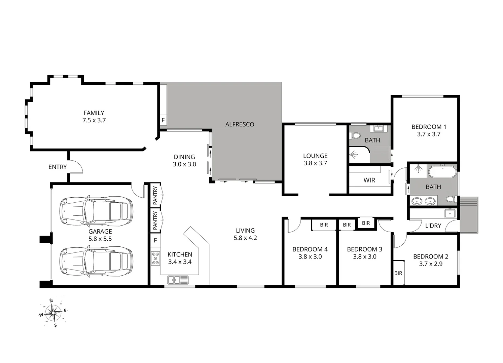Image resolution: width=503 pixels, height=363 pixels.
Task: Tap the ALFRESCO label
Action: [240, 124]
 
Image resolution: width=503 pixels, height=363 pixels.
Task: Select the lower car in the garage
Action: [96, 261]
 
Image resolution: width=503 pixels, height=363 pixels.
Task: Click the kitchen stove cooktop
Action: [155, 258]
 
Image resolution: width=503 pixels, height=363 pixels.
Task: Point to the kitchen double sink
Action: [178, 279]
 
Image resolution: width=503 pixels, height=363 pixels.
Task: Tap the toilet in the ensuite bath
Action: [355, 136]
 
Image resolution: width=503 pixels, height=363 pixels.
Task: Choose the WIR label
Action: [369, 180]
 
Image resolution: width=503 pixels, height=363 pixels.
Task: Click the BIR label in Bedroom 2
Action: [398, 273]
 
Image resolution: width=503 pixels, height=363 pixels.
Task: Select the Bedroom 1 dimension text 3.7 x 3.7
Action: [429, 134]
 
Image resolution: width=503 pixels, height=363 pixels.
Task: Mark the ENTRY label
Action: [58, 167]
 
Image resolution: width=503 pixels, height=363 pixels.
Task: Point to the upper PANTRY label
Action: [155, 196]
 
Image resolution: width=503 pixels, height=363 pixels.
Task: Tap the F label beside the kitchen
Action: [155, 240]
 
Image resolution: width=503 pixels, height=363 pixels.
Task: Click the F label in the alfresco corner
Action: [163, 120]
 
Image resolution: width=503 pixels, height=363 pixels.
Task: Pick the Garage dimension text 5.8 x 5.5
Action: [100, 239]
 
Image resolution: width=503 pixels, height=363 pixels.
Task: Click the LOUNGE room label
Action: [315, 156]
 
